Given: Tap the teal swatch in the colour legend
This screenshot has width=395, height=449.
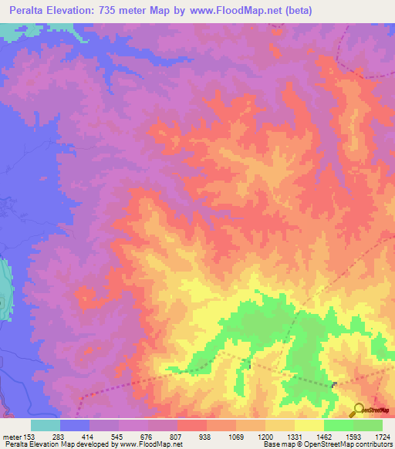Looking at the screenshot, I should point(46,425).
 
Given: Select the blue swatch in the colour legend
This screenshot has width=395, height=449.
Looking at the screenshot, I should point(75,425).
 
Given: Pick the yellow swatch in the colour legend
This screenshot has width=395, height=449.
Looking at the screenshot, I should point(309,425).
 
